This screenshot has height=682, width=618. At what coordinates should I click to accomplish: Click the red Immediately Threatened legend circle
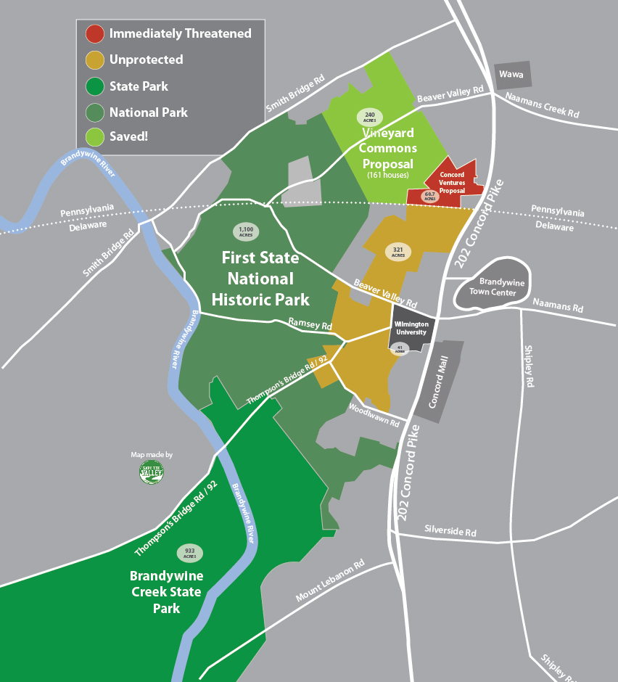click(94, 33)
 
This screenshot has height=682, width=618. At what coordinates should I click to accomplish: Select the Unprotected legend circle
click(94, 59)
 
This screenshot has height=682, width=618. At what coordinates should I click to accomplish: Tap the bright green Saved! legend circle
click(94, 136)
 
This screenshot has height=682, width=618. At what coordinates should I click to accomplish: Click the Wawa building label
click(512, 74)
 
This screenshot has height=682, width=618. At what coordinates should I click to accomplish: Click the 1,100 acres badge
click(246, 231)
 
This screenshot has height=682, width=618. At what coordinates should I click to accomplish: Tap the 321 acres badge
click(397, 252)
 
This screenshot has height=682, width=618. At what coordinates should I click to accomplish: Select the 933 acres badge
click(189, 553)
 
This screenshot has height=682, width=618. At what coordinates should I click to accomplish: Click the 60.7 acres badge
click(430, 196)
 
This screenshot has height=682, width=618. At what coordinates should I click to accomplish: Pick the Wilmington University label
click(411, 329)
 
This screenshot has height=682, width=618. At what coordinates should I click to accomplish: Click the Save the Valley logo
click(152, 472)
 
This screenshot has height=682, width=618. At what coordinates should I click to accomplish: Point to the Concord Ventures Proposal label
click(452, 183)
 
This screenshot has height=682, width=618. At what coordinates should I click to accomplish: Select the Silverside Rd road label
click(450, 532)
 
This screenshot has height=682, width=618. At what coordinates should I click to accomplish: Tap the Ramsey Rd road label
click(310, 324)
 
